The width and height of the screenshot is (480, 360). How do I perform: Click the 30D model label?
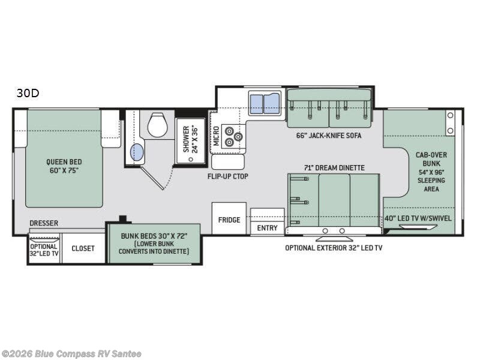(28, 93)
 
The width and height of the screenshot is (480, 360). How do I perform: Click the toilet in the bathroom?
(157, 125)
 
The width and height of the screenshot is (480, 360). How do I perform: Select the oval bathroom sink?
(137, 152)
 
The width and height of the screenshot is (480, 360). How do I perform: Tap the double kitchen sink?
(265, 104)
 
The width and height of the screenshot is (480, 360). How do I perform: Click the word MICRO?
(215, 136)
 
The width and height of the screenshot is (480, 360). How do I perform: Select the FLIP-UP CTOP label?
(227, 176)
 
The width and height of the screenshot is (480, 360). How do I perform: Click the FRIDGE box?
(229, 220)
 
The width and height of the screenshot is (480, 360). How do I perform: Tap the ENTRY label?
(267, 228)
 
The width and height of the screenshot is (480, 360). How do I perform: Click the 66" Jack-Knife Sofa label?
(329, 136)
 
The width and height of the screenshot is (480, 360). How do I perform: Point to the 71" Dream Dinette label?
(334, 168)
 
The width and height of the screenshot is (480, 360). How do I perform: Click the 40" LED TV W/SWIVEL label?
(418, 218)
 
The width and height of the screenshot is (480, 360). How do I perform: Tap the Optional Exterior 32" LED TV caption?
(334, 247)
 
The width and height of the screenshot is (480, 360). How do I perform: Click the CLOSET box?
(83, 248)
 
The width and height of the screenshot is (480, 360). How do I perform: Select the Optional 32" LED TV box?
(44, 250)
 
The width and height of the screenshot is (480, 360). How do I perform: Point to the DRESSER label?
(44, 223)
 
